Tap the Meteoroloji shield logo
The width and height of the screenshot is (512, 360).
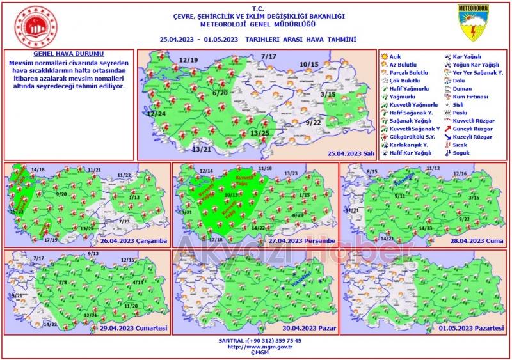pos(473,24)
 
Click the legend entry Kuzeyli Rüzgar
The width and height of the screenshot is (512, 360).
pos(472,137)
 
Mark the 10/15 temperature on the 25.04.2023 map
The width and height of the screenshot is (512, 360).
pos(308,65)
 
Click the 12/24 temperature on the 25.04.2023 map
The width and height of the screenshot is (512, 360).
pos(156,113)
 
